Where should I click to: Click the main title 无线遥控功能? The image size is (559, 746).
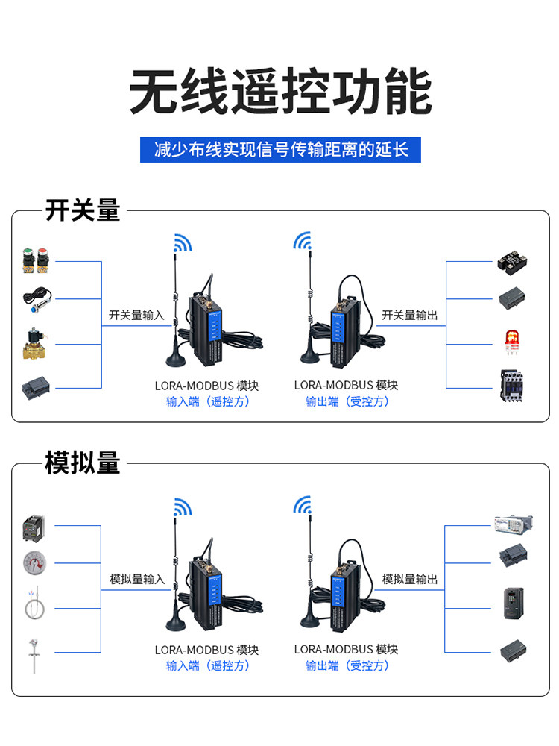point(280,91)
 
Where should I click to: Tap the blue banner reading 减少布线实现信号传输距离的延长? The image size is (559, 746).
point(280,150)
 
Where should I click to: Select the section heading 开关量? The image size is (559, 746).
point(83,210)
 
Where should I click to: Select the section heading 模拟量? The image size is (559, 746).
point(83,463)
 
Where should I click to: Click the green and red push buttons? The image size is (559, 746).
point(36,260)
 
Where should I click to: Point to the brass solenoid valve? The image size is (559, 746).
point(36,343)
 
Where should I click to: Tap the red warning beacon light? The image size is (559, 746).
point(512,342)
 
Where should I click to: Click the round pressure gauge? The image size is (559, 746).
point(35,562)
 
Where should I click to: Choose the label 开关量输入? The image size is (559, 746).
point(136,315)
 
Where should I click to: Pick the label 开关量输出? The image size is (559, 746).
point(410,315)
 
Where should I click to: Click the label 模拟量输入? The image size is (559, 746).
point(137,579)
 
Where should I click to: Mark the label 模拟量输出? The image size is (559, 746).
point(410,579)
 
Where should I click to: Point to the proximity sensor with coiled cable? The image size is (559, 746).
point(37,299)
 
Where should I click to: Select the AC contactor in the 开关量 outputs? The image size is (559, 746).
point(512,386)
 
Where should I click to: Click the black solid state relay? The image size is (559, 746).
point(513,261)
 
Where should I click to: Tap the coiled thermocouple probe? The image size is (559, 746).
point(34,604)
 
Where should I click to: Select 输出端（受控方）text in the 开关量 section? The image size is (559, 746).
point(347,401)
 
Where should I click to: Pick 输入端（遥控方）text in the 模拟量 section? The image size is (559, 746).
point(208,665)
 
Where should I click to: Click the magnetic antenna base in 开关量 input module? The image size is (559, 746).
point(175,359)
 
